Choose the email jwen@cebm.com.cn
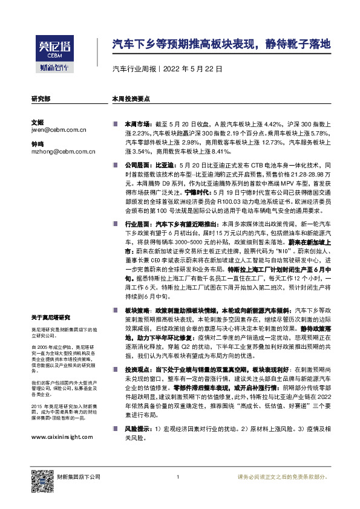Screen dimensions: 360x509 point(59,129)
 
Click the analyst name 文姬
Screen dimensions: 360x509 point(37,121)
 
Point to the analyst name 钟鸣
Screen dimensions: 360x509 point(37,145)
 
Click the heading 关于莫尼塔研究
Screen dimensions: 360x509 point(51,317)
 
